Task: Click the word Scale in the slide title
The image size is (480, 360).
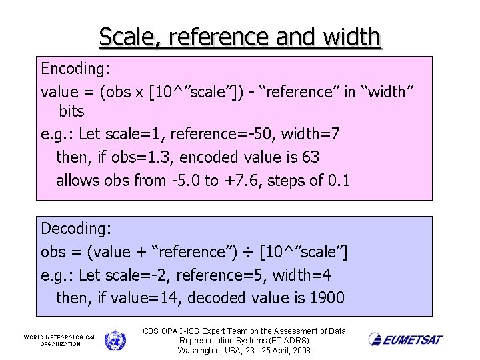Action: click(126, 37)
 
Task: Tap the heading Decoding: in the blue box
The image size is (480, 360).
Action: click(76, 229)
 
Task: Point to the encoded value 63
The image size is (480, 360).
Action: click(311, 157)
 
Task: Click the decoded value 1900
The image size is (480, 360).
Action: click(327, 297)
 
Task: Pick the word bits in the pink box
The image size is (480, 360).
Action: click(71, 111)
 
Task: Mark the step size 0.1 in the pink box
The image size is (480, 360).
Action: click(339, 180)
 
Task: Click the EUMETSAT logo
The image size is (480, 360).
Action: click(405, 339)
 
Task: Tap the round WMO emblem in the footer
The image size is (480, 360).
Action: click(115, 340)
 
